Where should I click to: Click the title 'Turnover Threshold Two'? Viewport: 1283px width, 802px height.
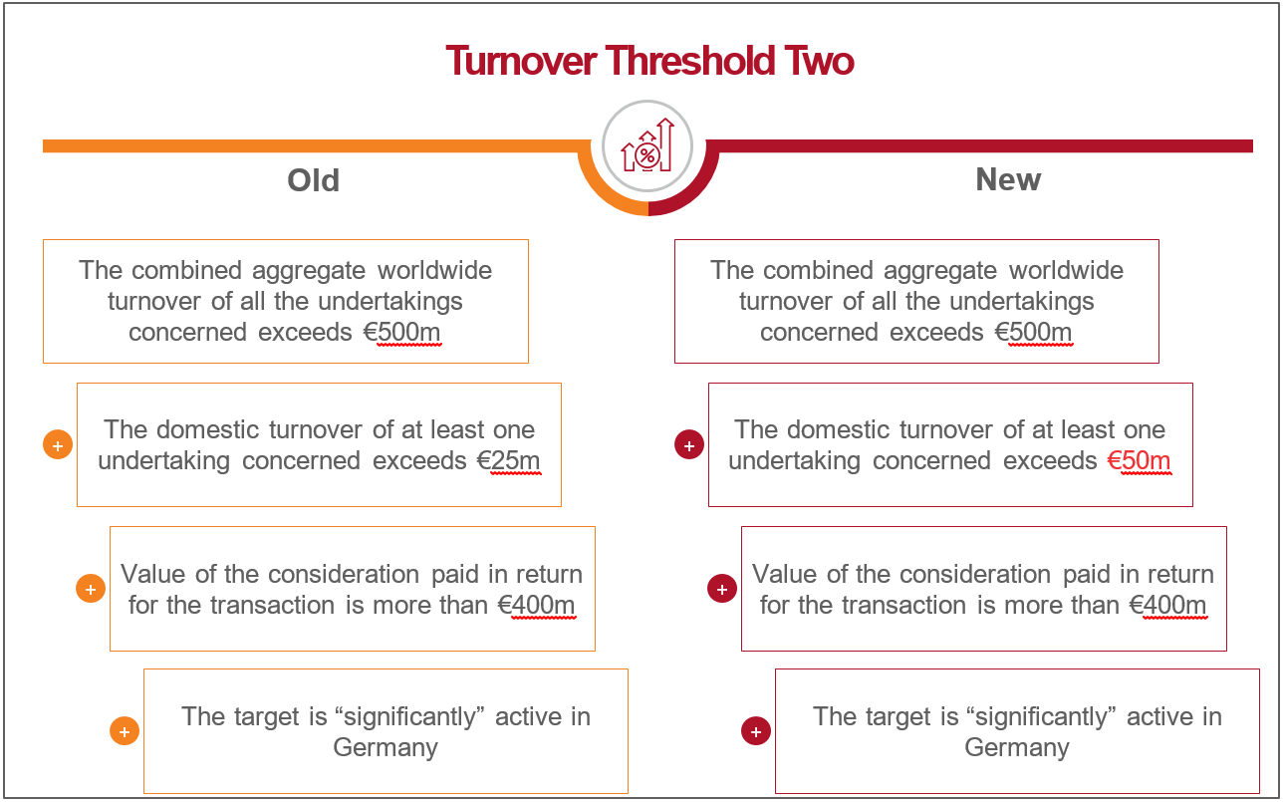click(x=649, y=61)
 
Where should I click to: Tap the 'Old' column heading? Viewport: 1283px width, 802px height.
click(x=314, y=180)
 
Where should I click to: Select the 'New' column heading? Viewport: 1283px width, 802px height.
click(x=1008, y=179)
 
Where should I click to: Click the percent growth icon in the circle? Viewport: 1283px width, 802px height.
click(x=647, y=145)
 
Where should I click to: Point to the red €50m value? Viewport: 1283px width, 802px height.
click(x=1140, y=460)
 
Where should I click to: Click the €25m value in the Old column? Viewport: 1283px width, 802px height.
click(x=509, y=460)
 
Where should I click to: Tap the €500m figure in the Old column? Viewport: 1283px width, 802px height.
click(x=402, y=333)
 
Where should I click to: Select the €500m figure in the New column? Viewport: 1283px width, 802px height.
click(x=1034, y=333)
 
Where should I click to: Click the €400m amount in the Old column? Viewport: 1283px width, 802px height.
click(x=536, y=605)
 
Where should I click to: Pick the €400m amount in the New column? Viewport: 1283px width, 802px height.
click(x=1167, y=605)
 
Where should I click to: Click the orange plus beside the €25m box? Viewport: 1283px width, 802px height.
click(x=58, y=445)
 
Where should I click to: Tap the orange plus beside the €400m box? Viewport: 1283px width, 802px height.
click(x=91, y=589)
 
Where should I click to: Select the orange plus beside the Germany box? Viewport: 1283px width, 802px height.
click(x=125, y=731)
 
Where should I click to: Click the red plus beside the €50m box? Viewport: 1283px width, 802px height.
click(x=689, y=445)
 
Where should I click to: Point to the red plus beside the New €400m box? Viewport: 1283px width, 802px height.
click(x=722, y=589)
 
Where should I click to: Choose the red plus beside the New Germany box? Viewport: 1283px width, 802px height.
click(x=756, y=731)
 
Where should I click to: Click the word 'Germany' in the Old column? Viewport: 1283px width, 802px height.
click(x=385, y=748)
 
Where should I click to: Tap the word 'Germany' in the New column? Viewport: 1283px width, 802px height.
click(x=1017, y=748)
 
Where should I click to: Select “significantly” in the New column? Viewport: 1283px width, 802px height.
click(x=1041, y=717)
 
